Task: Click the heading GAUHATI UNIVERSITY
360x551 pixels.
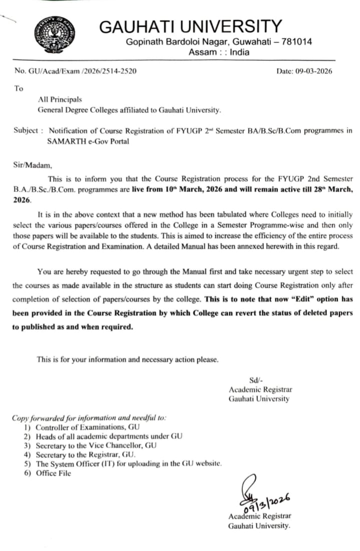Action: tap(191, 27)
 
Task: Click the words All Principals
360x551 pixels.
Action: tap(60, 100)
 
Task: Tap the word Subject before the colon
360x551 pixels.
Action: tap(26, 131)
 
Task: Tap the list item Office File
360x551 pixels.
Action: tap(53, 473)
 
